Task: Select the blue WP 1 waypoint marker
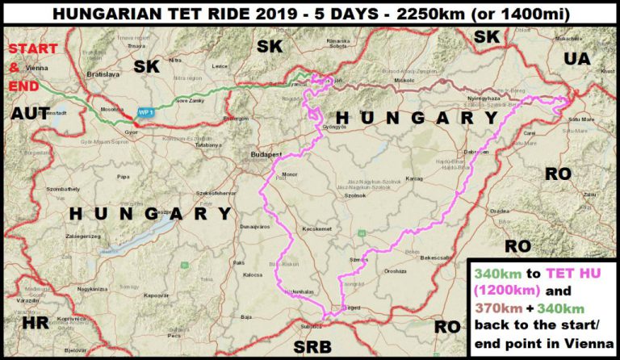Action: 145,112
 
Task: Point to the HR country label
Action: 36,323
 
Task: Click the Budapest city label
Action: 264,153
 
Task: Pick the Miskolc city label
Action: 403,82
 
